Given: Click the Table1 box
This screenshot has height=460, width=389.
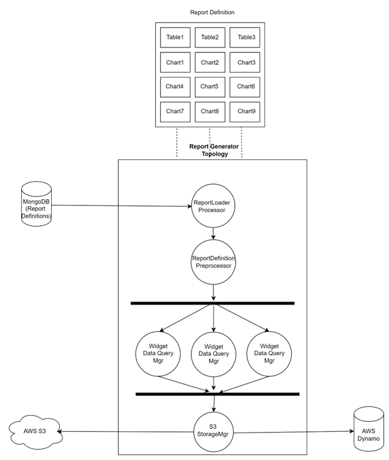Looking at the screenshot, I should point(175,37).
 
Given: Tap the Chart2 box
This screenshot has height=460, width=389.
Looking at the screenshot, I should point(210,62).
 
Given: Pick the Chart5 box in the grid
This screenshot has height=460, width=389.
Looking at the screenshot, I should point(210,87).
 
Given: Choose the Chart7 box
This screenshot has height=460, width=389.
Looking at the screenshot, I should point(175,112).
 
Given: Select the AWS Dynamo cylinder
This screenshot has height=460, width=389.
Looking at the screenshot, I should point(368,430).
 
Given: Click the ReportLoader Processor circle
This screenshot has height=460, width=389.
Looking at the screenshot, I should point(214,206).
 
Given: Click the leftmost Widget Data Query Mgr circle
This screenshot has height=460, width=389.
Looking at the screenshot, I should point(158,354).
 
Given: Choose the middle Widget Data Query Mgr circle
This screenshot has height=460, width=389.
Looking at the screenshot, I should point(214,354).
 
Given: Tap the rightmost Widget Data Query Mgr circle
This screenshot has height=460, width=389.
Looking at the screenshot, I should point(269,354).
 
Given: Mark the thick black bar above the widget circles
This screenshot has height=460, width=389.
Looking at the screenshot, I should point(212,303).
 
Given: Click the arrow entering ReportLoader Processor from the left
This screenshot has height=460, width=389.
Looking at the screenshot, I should point(156,205).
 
